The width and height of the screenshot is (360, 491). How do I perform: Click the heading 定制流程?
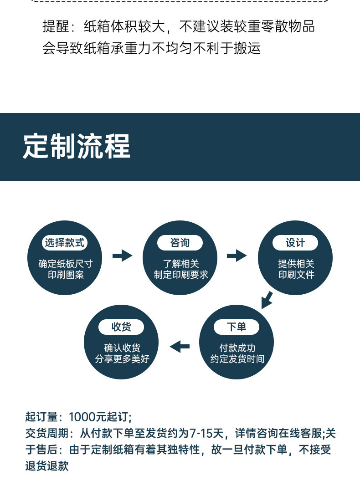tap(77, 146)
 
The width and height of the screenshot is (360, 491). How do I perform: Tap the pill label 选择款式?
tap(65, 243)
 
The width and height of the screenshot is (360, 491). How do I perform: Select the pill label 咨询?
tap(180, 243)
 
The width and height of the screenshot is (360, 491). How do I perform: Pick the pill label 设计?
tap(295, 243)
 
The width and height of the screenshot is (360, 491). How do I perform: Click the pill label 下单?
tap(236, 327)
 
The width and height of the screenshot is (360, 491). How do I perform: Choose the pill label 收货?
tap(121, 327)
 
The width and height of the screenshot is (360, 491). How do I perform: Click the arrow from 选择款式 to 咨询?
tap(122, 256)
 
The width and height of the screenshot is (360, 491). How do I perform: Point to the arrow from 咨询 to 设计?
tap(237, 256)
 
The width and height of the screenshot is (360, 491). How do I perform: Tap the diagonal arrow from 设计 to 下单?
tap(267, 300)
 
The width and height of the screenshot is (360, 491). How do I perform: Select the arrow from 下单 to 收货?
tap(180, 347)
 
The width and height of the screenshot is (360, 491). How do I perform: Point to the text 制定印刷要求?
tap(181, 275)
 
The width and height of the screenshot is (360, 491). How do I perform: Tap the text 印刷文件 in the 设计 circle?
tap(296, 275)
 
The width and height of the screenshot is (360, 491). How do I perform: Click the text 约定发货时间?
tap(237, 359)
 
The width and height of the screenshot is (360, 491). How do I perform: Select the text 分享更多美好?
tap(122, 359)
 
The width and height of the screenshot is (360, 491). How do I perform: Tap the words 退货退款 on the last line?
tap(47, 466)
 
